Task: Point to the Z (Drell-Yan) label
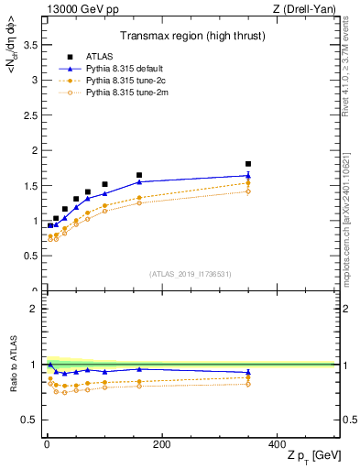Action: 307,9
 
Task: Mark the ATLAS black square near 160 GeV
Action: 139,175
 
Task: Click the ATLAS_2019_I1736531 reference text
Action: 191,274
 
